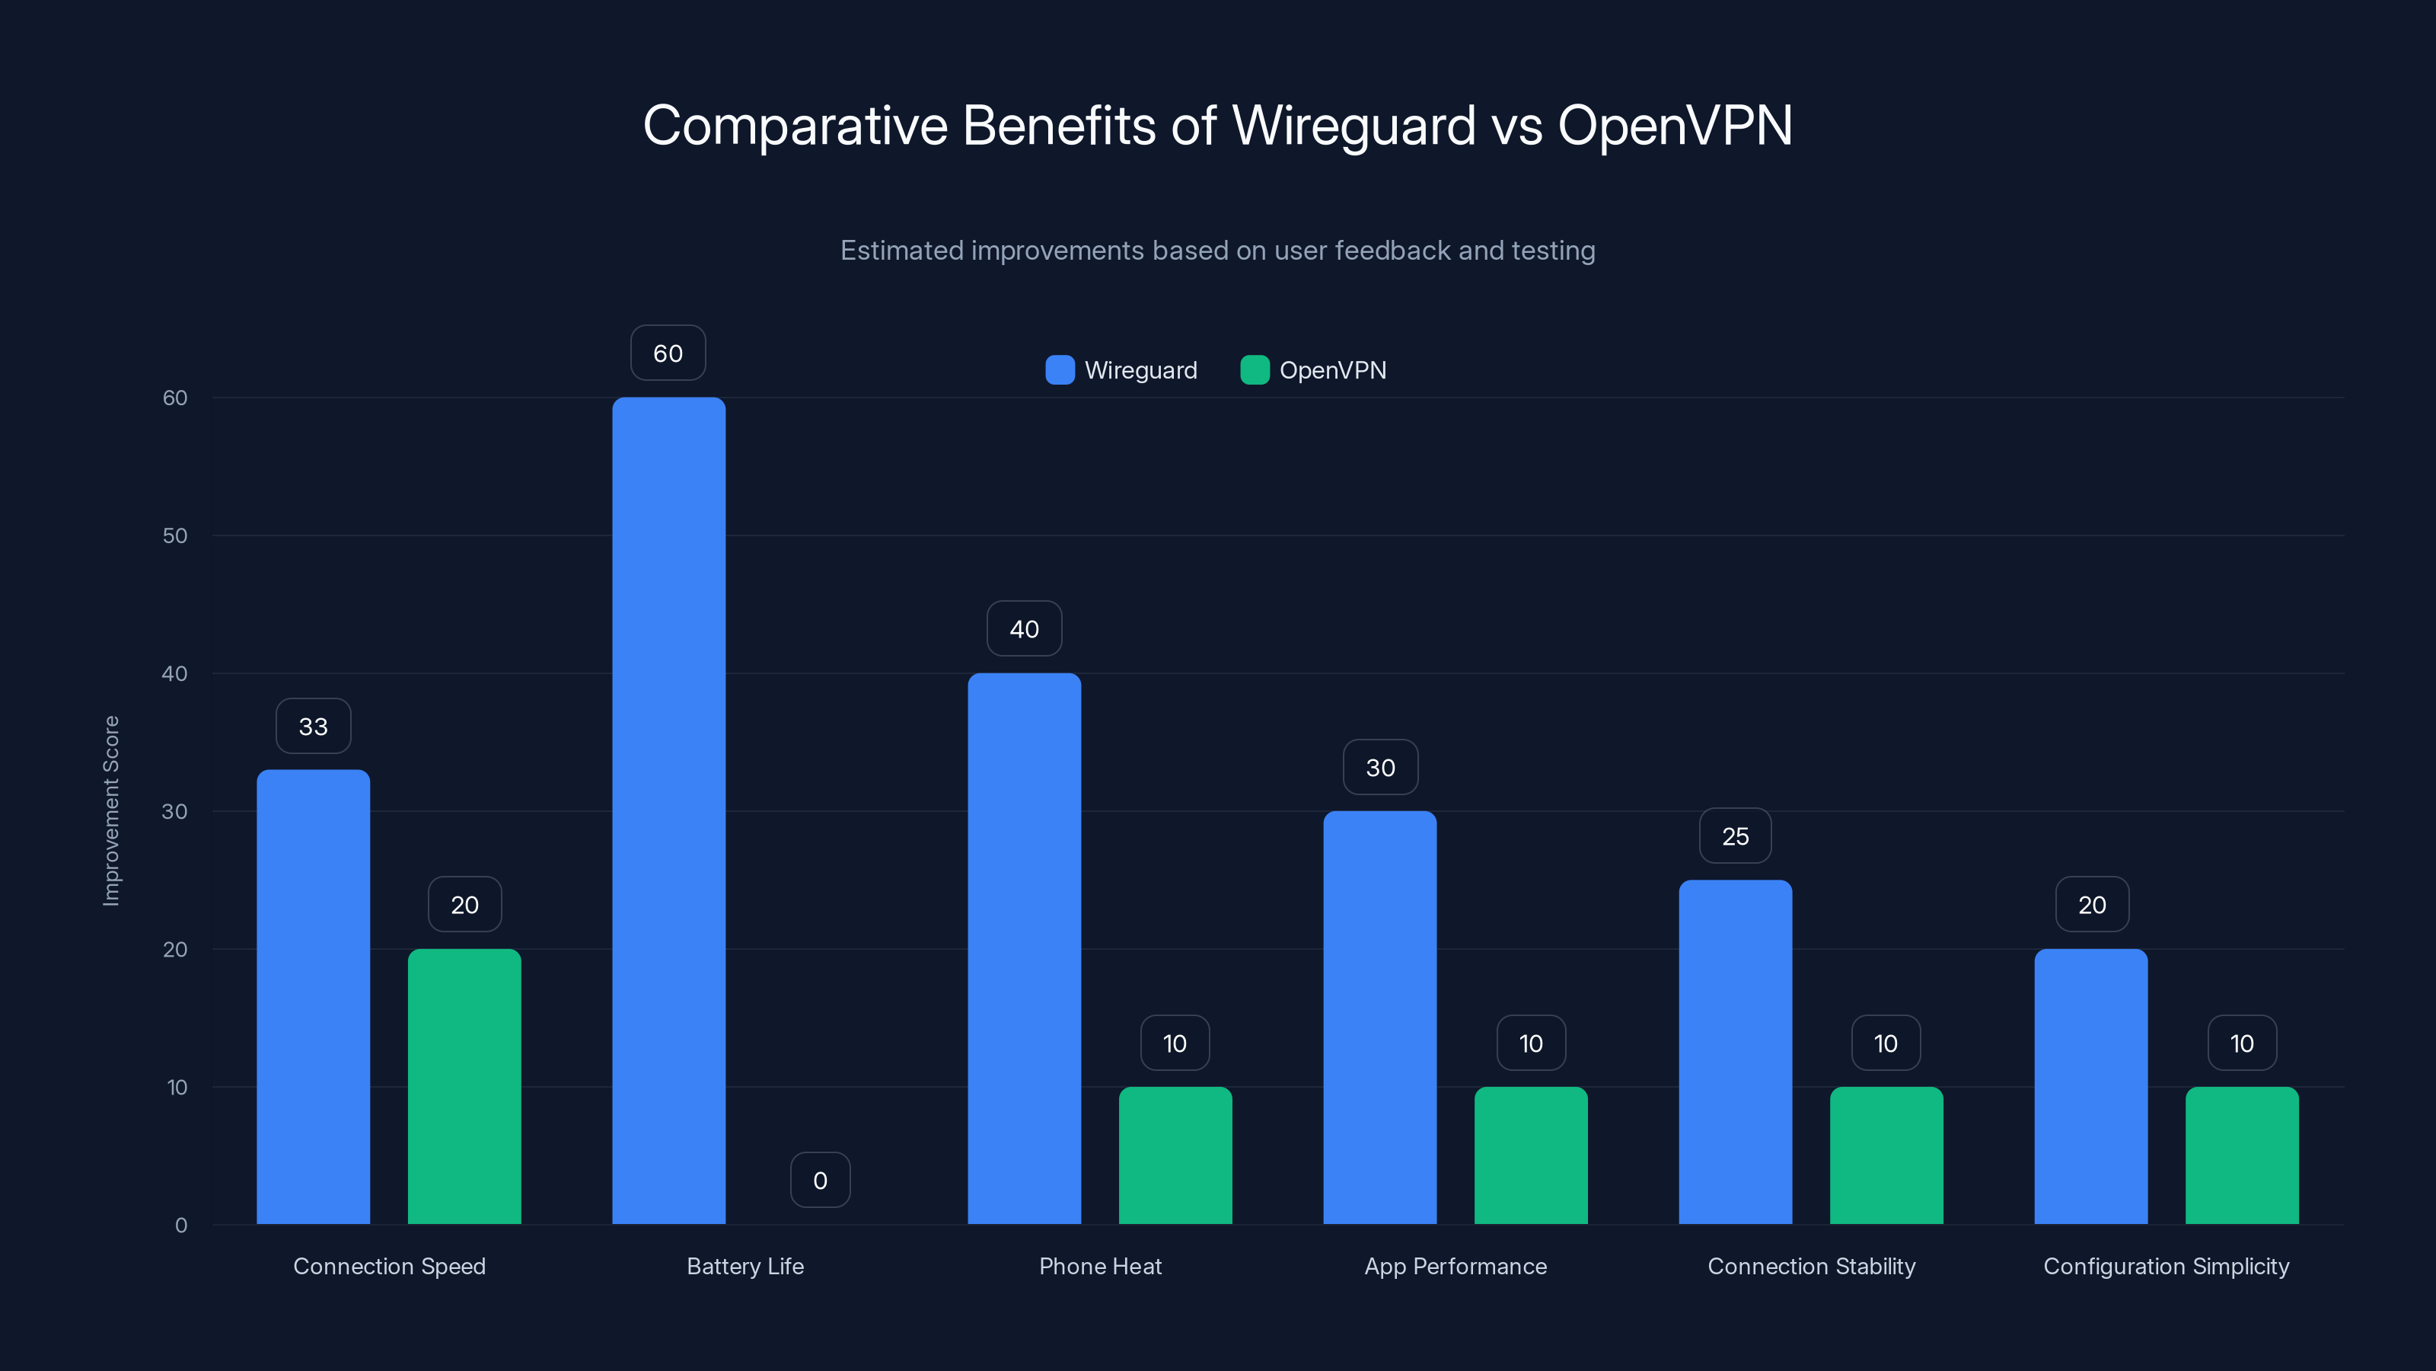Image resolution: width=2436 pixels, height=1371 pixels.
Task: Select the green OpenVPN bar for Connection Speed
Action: coord(464,1086)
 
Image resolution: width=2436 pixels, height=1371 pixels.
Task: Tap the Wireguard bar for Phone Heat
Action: coord(1024,948)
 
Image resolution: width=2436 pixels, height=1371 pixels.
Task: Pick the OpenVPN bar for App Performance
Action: coord(1531,1155)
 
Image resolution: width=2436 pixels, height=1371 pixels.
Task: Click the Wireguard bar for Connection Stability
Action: coord(1736,1051)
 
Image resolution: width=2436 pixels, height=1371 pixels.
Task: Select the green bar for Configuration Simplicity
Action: coord(2242,1155)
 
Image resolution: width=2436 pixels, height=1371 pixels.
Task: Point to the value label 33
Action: coord(313,727)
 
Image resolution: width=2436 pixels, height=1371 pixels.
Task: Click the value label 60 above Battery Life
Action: coord(668,353)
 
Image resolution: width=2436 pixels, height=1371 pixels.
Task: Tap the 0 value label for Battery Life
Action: coord(820,1180)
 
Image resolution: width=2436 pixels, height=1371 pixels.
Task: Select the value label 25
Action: coord(1736,836)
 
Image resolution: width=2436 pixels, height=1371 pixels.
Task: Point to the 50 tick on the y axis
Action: coord(175,535)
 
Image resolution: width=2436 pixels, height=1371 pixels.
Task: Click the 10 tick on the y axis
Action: coord(177,1087)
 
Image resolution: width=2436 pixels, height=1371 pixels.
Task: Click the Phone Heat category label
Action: coord(1100,1266)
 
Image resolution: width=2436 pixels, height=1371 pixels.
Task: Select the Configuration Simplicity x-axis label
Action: coord(2166,1266)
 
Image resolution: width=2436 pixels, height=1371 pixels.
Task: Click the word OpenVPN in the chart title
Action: coord(1674,125)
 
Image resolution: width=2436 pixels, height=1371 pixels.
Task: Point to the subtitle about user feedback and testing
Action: coord(1217,251)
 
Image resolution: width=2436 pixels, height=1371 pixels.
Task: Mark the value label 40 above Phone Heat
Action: coord(1024,629)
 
